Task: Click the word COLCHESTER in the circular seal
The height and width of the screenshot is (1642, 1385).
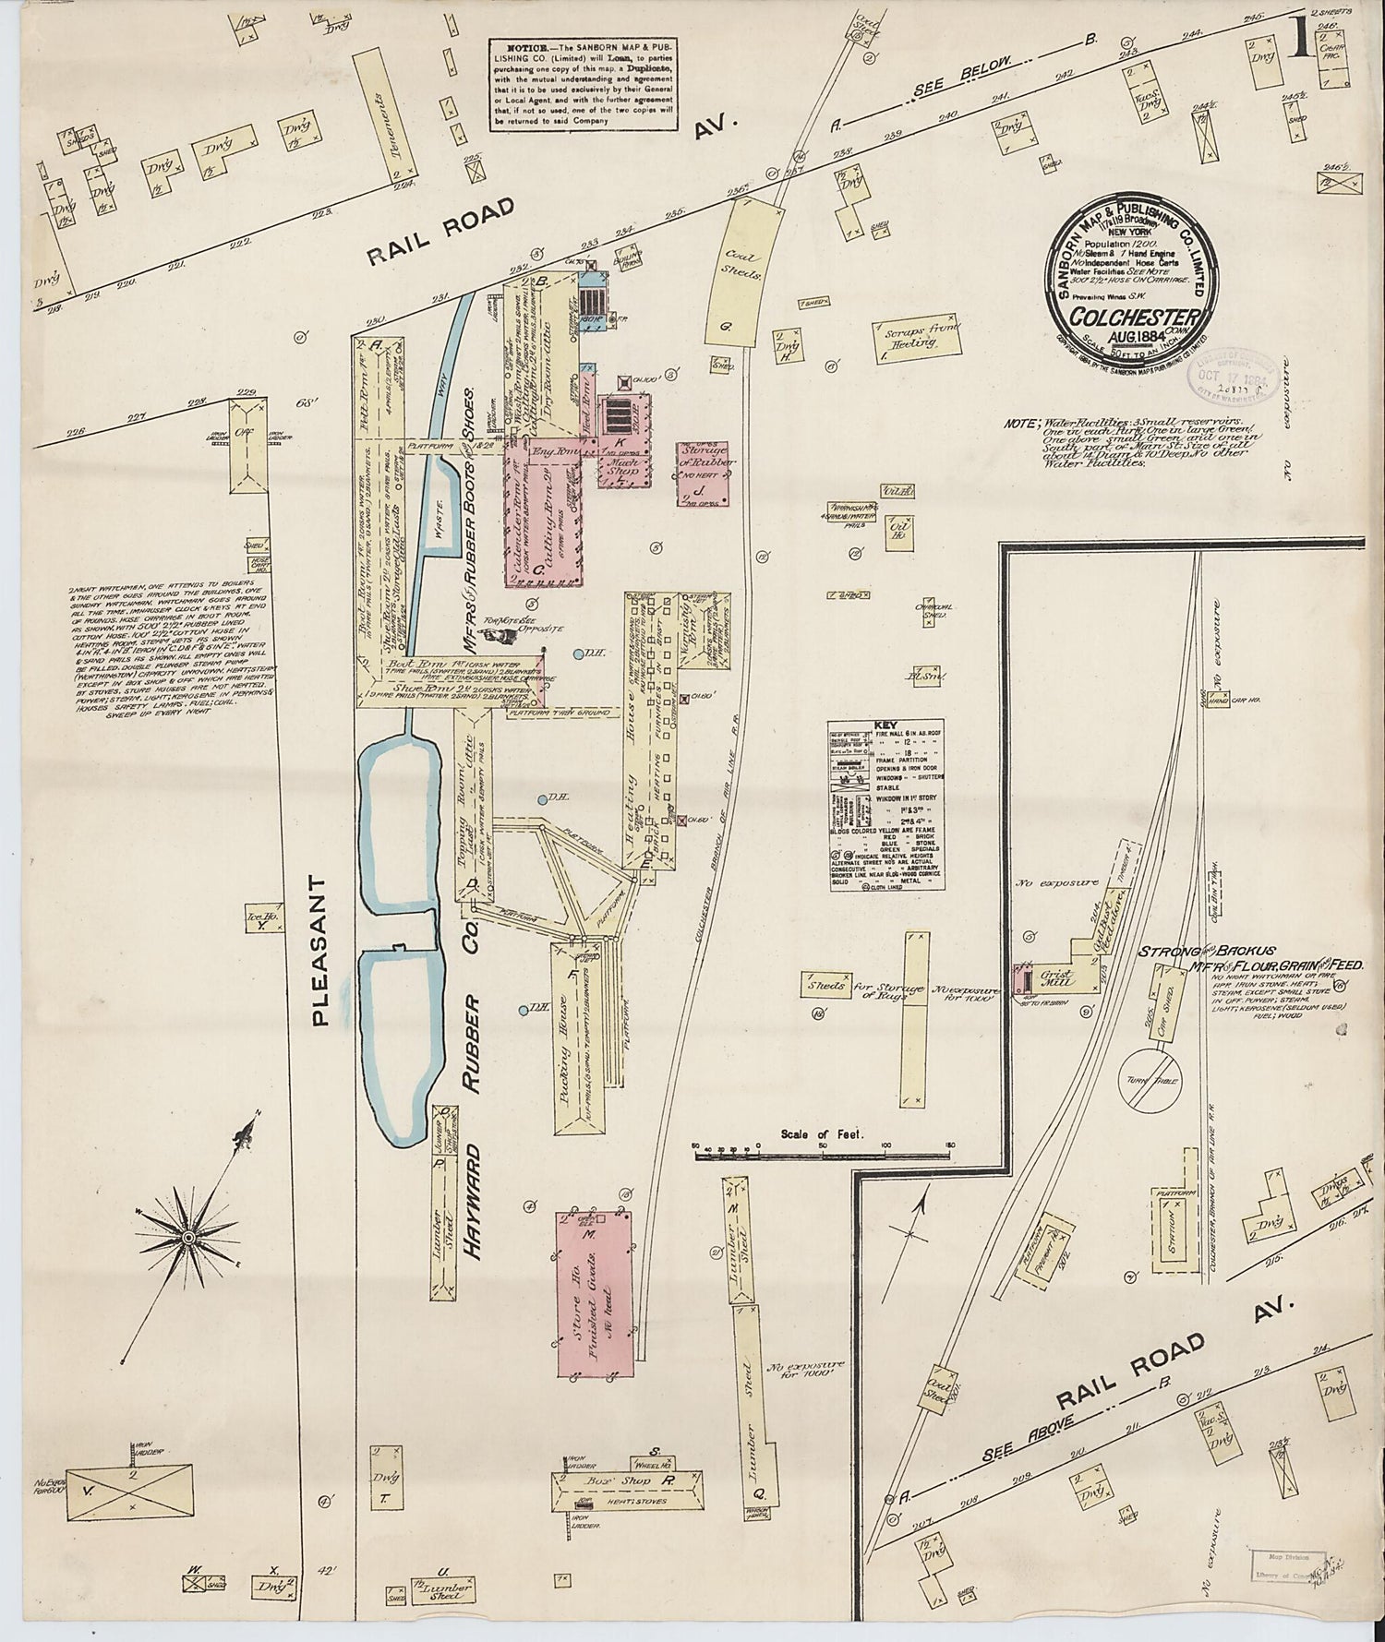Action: (1134, 318)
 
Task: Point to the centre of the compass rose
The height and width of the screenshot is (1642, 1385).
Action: (187, 1236)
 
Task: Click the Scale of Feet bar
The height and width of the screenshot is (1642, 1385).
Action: (823, 1149)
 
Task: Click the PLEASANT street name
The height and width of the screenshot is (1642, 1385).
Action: (319, 951)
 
